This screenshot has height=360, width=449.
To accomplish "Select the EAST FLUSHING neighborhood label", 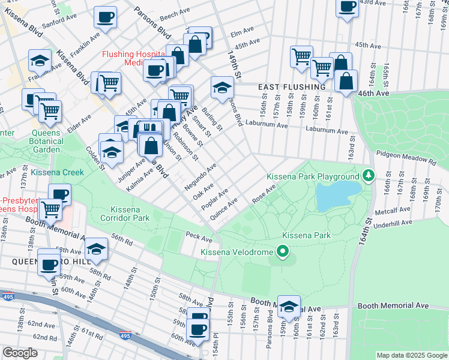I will [x=292, y=87].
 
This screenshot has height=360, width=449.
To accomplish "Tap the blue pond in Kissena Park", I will [x=337, y=195].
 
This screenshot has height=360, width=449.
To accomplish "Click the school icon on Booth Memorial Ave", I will [x=289, y=305].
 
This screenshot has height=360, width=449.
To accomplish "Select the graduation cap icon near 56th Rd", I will [x=96, y=249].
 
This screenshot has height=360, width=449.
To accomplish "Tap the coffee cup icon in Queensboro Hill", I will [x=49, y=264].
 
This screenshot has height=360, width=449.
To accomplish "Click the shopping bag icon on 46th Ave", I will [x=346, y=82].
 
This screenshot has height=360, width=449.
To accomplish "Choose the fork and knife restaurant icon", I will [x=150, y=129].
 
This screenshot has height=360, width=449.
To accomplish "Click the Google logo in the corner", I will [x=20, y=353].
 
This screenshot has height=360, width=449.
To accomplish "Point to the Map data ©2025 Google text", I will [x=411, y=355].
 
